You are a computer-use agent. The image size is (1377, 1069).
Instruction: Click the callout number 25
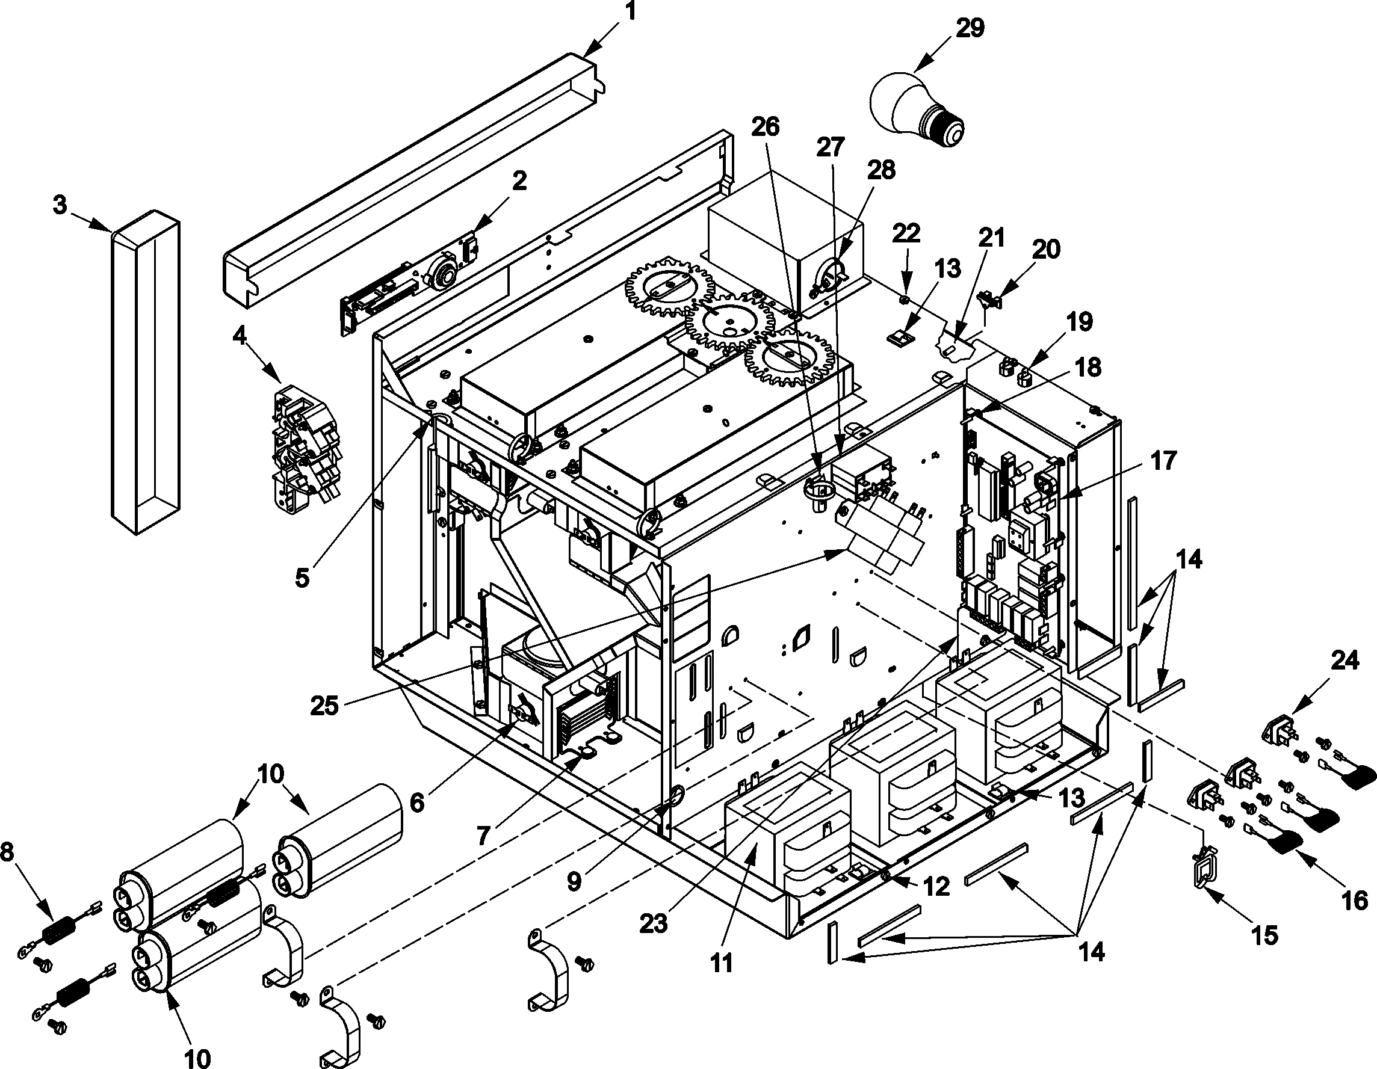pos(326,705)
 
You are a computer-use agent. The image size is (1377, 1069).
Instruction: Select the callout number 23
pos(653,923)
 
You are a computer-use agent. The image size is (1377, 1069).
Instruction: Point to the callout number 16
pos(1354,901)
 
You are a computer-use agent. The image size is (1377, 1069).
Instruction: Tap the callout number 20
pos(1046,250)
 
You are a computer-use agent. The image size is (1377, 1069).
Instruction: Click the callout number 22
pos(906,233)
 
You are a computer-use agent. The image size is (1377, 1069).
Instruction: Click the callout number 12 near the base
pos(937,887)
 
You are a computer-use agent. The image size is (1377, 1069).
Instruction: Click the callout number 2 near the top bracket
pos(519,181)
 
